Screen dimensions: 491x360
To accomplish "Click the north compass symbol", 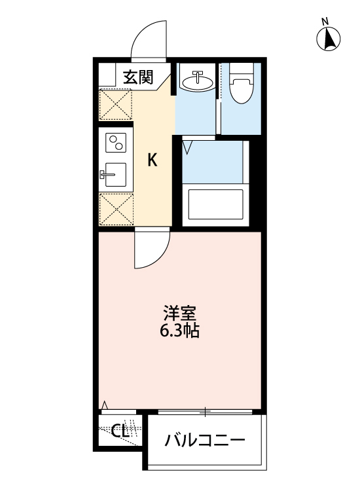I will [330, 40].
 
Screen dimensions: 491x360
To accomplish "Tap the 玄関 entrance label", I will [138, 77].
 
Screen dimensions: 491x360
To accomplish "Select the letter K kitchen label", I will [152, 160].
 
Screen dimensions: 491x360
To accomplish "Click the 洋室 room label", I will [179, 313].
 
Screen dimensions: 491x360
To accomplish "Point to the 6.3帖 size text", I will [179, 331].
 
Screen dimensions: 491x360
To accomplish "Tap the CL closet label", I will [120, 431].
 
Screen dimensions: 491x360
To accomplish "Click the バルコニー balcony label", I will [204, 440].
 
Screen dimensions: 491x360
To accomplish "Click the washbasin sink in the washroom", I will [196, 81].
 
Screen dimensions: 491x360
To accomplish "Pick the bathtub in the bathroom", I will [215, 204].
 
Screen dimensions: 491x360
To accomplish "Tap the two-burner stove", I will [117, 143].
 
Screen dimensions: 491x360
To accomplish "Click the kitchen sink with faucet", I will [115, 175].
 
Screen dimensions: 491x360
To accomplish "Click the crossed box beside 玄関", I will [115, 103].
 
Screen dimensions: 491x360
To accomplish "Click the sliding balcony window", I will [205, 412].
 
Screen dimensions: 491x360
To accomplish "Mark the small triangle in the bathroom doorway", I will [187, 148].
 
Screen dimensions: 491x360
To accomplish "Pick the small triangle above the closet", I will [104, 405].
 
